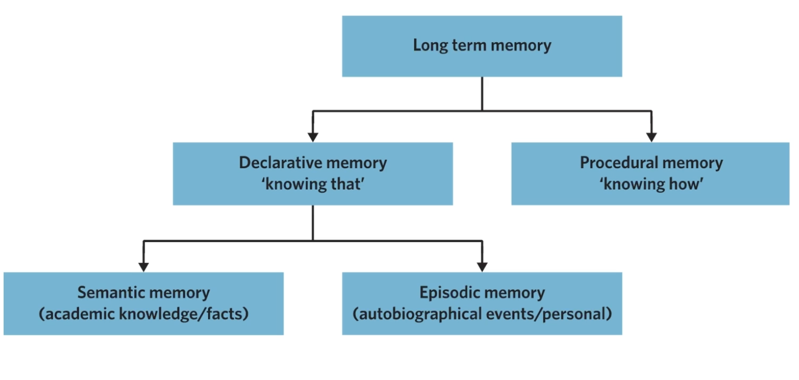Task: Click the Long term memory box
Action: coord(482,46)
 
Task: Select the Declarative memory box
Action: coord(313,173)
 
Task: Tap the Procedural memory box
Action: coord(650,173)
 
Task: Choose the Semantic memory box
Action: coord(144,303)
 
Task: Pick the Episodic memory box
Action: coord(482,303)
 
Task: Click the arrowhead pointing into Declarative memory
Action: coord(313,137)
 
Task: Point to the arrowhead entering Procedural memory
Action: coord(651,137)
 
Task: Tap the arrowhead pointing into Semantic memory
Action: coord(144,267)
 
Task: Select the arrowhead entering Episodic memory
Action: coord(482,267)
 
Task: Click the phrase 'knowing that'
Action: coord(313,184)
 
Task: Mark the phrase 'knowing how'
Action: coord(651,184)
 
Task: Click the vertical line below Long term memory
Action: coord(482,94)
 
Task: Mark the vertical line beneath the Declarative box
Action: coord(313,223)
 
